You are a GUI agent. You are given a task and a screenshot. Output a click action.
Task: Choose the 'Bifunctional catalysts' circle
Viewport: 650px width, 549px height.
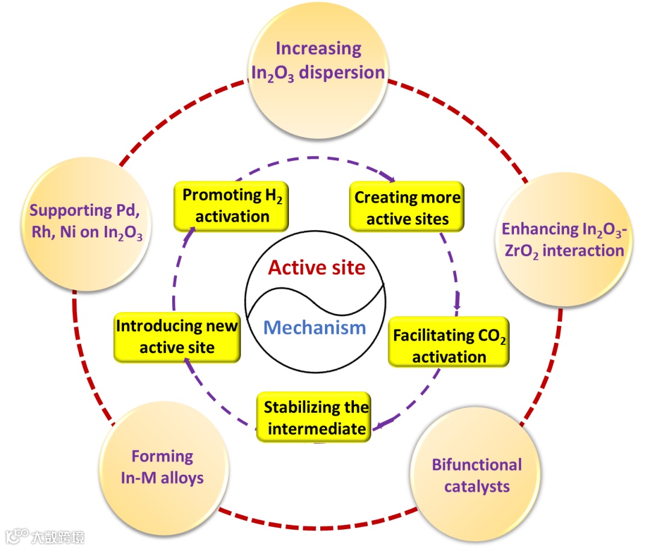[477, 476]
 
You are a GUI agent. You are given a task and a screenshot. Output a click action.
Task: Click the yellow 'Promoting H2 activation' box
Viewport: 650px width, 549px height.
[231, 206]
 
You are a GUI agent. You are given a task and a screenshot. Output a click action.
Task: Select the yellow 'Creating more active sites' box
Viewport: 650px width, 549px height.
[407, 208]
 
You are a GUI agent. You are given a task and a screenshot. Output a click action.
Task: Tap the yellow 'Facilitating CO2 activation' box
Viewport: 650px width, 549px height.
[449, 345]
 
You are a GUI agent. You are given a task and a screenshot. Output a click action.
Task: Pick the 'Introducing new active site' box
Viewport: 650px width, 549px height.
[177, 336]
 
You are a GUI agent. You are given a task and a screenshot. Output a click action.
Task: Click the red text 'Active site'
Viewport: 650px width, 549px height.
[317, 267]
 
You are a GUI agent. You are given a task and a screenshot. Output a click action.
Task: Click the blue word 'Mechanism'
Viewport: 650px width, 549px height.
[315, 328]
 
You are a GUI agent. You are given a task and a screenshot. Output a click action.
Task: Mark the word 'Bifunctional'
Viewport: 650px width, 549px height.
[477, 465]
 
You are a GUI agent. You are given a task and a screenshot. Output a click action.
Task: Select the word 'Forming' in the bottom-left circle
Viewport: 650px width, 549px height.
[162, 456]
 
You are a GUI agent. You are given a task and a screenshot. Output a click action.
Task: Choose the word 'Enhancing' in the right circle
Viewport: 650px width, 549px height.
[531, 230]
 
